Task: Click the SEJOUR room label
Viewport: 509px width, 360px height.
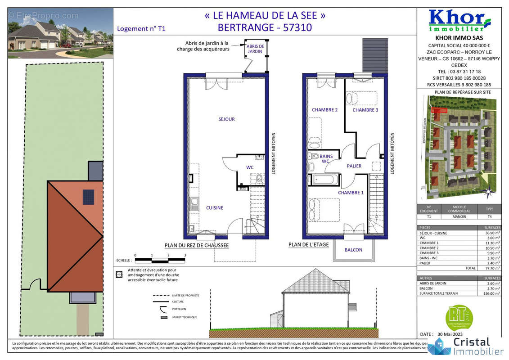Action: (x=226, y=119)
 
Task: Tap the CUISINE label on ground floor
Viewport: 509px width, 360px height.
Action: (x=215, y=208)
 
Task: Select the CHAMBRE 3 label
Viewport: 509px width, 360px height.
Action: (x=365, y=110)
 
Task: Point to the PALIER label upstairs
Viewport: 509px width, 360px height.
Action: (x=354, y=166)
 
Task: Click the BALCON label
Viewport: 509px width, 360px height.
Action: (x=353, y=250)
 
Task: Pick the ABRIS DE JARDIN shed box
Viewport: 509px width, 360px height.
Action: (x=256, y=49)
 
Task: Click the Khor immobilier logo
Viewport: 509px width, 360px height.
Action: (x=459, y=21)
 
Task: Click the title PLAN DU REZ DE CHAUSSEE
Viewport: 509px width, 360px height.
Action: (x=196, y=245)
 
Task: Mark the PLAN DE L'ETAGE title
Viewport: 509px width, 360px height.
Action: (x=308, y=245)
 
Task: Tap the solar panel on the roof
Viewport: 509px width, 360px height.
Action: (x=88, y=197)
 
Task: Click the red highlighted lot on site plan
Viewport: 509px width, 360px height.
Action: (x=439, y=110)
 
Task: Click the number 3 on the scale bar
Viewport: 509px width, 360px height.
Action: (x=185, y=255)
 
